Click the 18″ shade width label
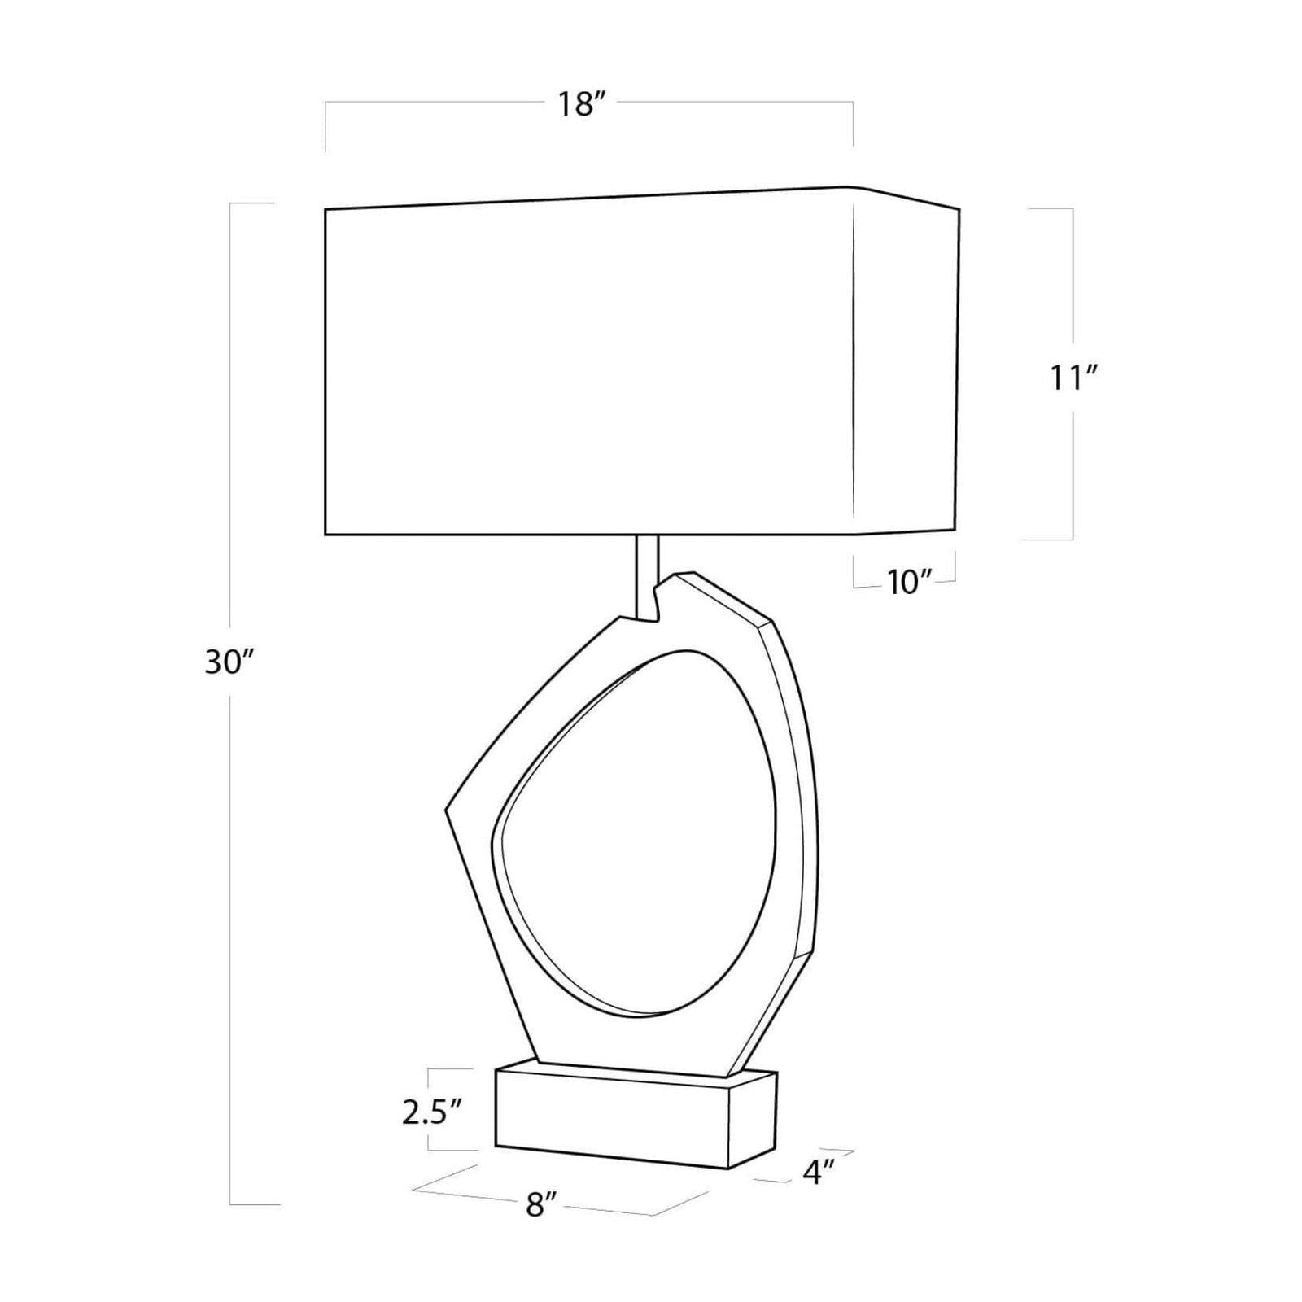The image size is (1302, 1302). point(583,104)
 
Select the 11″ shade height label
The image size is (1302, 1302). point(1073,378)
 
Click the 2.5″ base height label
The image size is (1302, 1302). point(432,1112)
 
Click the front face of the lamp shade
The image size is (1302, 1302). point(589,362)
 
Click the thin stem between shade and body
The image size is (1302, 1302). point(647,578)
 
